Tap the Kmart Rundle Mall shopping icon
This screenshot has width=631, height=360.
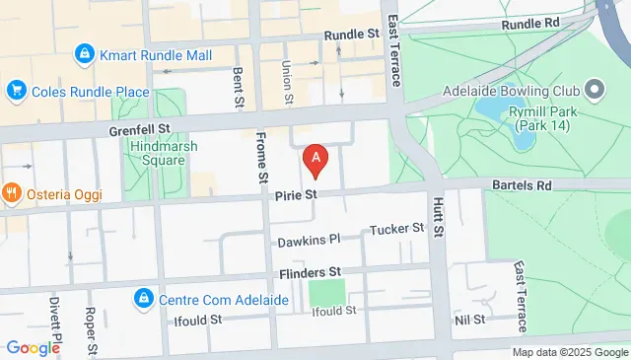point(86,55)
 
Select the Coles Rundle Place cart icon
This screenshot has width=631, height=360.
point(16,92)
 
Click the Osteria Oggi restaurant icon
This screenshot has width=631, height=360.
point(13,193)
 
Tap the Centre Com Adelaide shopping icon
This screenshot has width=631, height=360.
point(144,297)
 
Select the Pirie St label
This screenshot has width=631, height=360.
point(296,196)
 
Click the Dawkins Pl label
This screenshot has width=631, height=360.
point(308,239)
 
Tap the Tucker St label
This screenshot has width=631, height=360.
point(396,229)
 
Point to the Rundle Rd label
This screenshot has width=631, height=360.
point(529,23)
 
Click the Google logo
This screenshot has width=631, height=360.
point(33,347)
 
